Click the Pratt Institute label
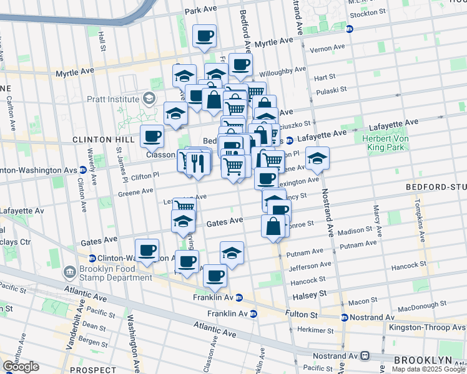coord(114,98)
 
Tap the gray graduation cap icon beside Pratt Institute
coord(149,98)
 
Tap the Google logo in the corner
coord(21,367)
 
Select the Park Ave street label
coord(200,11)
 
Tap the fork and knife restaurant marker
coord(197,163)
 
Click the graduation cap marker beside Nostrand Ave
coord(317,159)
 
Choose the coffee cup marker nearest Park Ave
coord(204,37)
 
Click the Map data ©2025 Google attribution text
coord(428,369)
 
